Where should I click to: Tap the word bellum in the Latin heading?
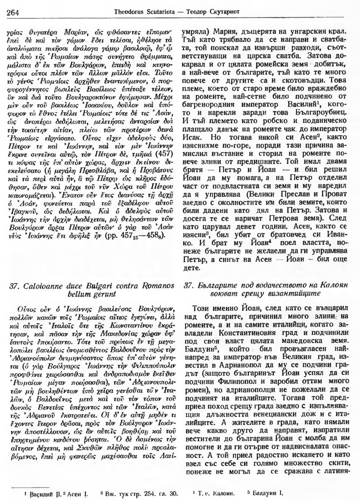pos(77,294)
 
